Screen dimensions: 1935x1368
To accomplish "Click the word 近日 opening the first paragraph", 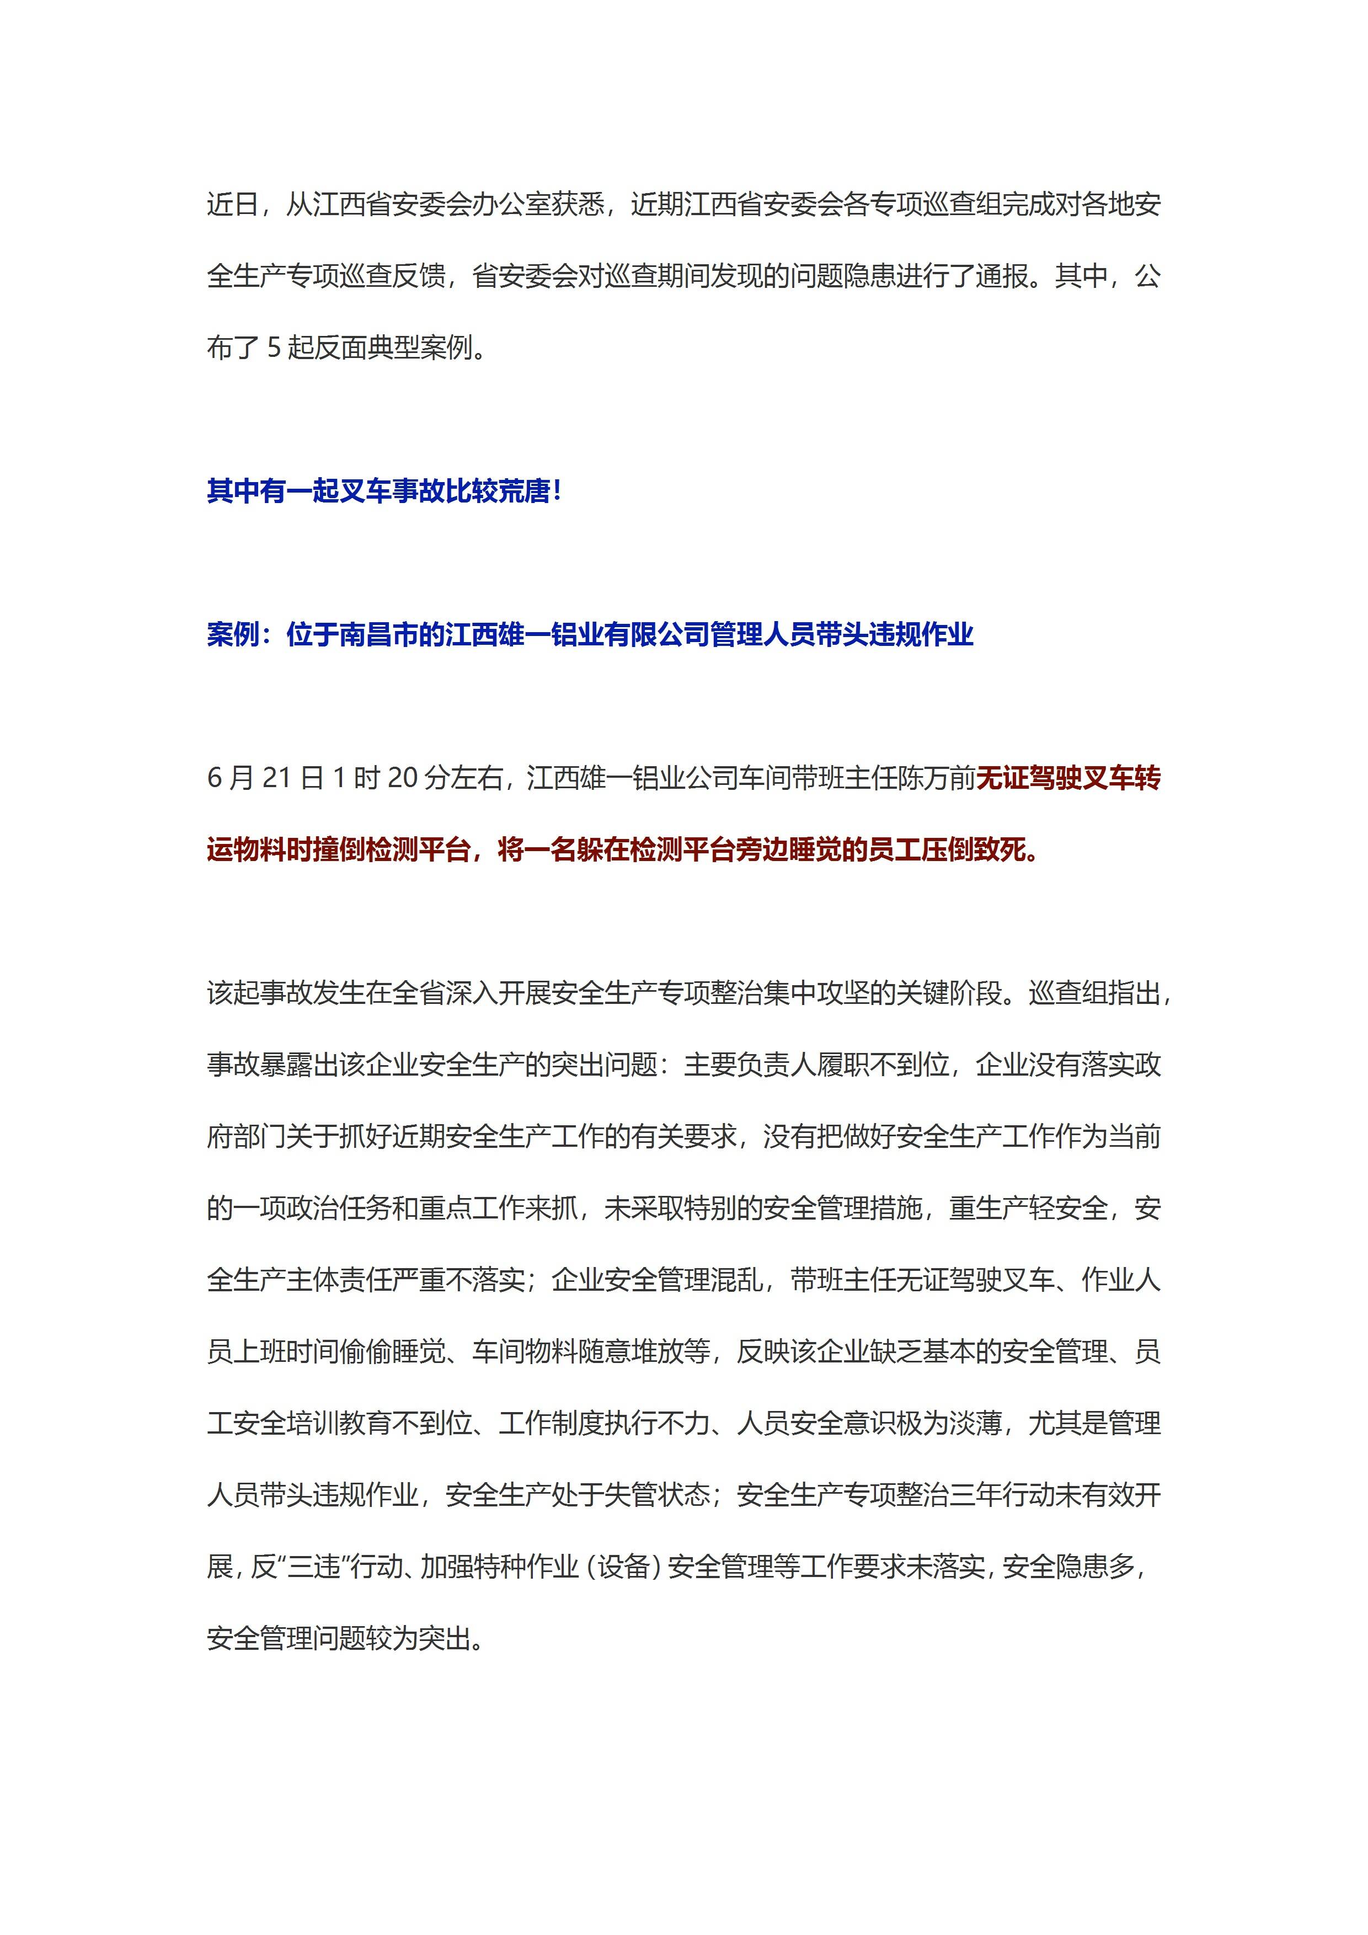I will (233, 205).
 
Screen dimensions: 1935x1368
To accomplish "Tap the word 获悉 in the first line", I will (578, 205).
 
